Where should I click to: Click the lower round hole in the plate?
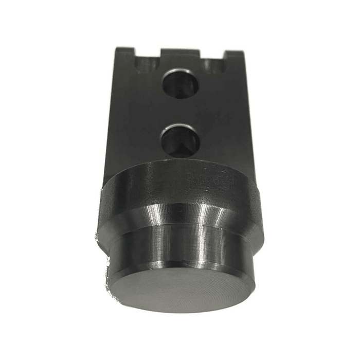tap(179, 140)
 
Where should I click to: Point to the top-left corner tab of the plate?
tap(125, 52)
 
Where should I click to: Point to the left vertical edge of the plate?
tap(112, 113)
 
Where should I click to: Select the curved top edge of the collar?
tap(180, 164)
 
